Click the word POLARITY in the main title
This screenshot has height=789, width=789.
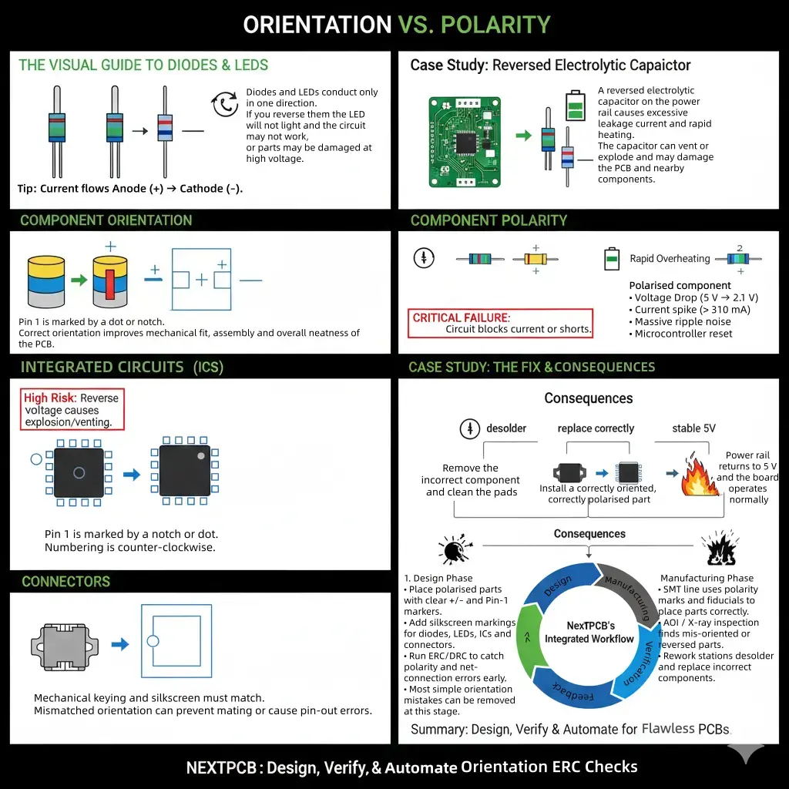coord(495,25)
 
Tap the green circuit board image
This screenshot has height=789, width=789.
coord(465,142)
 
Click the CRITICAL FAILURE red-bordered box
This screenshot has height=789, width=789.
coord(501,323)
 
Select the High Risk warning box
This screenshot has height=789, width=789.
coord(72,410)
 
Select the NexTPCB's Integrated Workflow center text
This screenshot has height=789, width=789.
coord(589,633)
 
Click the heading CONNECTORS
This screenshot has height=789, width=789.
coord(65,582)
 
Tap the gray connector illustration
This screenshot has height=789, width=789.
coord(64,643)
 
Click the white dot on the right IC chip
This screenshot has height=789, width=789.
coord(201,456)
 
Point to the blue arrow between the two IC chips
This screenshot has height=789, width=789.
coord(132,475)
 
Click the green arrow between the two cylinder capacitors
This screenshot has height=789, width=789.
coord(79,280)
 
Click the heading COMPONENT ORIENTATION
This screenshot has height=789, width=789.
coord(106,220)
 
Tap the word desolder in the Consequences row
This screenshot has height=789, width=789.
coord(505,428)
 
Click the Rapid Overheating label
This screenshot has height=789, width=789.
coord(670,259)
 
